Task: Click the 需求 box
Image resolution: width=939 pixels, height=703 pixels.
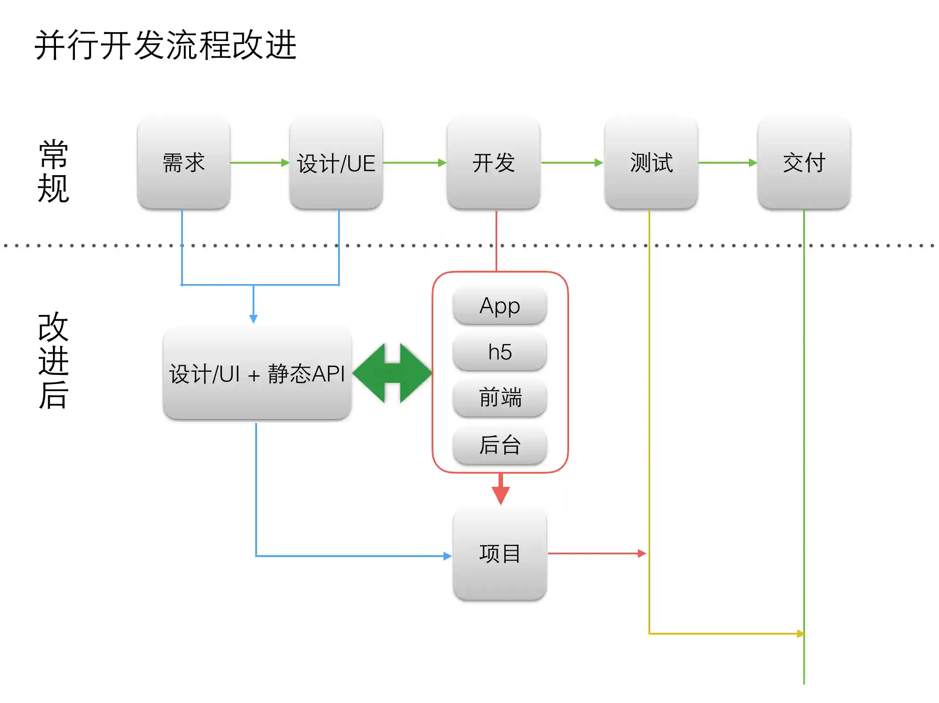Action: [183, 163]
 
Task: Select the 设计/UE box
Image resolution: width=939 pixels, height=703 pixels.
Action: [336, 163]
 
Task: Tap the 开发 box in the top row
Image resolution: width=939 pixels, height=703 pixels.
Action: [493, 163]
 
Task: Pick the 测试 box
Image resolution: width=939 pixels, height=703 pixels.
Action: [651, 163]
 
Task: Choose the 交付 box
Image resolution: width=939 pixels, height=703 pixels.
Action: [804, 163]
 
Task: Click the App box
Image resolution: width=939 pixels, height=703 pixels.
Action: [499, 306]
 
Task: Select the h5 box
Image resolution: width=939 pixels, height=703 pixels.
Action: [499, 352]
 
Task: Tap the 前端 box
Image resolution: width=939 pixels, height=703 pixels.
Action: [499, 397]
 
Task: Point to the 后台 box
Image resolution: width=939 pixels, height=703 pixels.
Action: [499, 444]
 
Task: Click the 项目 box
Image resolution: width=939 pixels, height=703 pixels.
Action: [499, 553]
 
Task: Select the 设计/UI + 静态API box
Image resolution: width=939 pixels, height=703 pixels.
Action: [257, 374]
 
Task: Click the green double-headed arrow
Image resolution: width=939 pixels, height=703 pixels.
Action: [392, 373]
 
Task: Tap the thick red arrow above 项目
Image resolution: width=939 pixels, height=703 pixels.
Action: [501, 489]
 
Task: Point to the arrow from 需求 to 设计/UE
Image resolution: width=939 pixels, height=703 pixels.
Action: [260, 163]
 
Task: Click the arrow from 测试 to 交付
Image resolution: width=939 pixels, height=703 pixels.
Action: [727, 163]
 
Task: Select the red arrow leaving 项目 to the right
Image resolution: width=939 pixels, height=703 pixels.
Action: [597, 553]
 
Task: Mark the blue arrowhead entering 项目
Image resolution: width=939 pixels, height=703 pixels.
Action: [447, 556]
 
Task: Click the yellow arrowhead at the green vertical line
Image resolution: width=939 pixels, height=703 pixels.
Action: [800, 634]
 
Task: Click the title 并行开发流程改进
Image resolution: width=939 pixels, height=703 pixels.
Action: [165, 45]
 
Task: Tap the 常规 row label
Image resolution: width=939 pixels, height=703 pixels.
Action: [53, 171]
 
